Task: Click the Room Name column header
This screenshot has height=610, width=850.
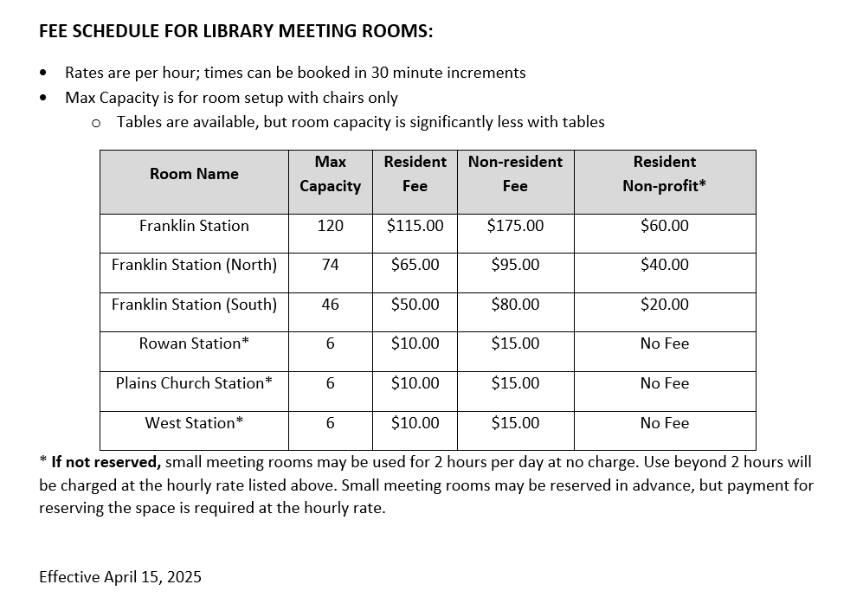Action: [194, 174]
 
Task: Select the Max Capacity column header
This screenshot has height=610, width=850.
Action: [330, 174]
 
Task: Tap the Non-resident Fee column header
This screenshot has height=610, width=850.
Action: [515, 174]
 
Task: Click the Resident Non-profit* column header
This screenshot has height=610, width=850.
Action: [664, 174]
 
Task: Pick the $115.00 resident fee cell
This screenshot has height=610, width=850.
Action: [415, 226]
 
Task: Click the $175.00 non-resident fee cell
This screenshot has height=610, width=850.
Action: [515, 226]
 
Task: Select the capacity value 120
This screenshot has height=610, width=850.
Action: [330, 226]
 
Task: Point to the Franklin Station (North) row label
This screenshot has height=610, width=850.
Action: [194, 265]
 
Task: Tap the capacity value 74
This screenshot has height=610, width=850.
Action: [330, 265]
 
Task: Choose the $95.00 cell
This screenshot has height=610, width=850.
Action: [515, 265]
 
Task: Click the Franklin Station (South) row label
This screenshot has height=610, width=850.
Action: [194, 305]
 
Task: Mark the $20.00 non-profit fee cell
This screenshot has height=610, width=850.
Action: [664, 305]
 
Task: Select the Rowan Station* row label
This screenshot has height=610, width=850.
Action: [194, 344]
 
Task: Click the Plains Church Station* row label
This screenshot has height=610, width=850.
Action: [194, 383]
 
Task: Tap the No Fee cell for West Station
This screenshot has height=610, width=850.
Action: [664, 423]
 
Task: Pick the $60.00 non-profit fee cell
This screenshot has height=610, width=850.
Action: [664, 226]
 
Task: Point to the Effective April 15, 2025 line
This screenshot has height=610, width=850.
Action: [120, 577]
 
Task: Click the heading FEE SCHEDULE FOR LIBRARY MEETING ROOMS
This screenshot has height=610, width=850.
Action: [235, 32]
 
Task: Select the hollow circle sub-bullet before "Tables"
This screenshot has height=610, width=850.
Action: [96, 123]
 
